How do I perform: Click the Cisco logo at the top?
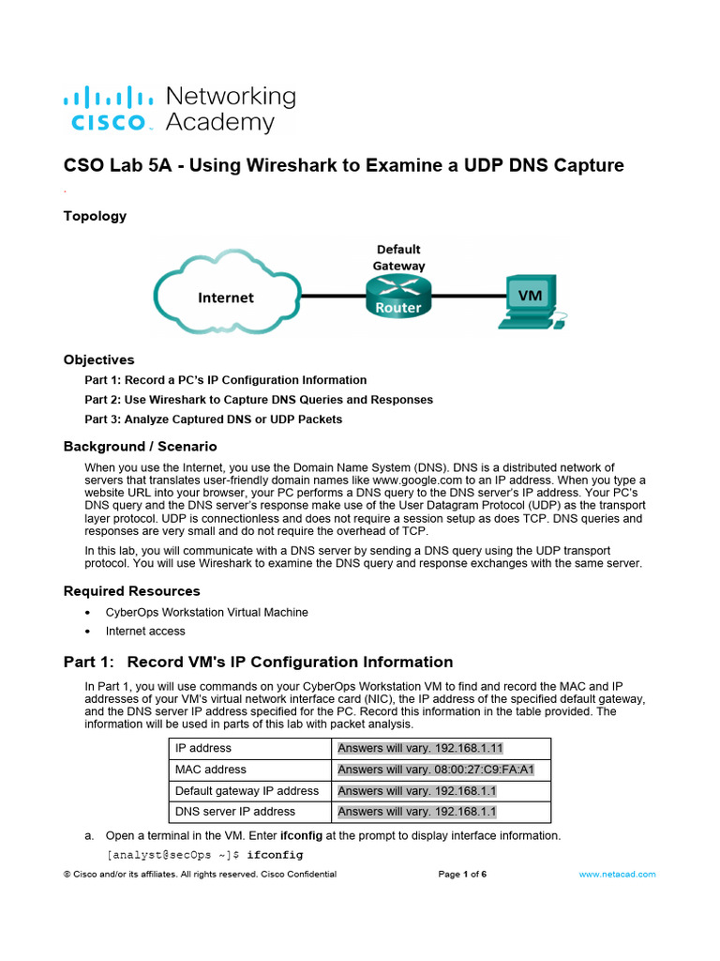(107, 109)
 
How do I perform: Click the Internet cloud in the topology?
(225, 297)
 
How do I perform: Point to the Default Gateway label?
(399, 257)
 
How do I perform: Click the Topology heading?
(95, 216)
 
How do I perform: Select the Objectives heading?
(98, 359)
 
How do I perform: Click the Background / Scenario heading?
(140, 446)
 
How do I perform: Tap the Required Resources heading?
(131, 590)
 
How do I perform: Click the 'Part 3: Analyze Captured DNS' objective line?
(213, 419)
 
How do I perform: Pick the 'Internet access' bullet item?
(145, 632)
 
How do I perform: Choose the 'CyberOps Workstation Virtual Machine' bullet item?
(206, 612)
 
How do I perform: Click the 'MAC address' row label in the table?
(211, 770)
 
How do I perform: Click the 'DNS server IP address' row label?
(234, 811)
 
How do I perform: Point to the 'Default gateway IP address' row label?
(247, 790)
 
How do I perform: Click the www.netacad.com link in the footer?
(617, 874)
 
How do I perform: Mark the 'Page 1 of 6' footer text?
(462, 874)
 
